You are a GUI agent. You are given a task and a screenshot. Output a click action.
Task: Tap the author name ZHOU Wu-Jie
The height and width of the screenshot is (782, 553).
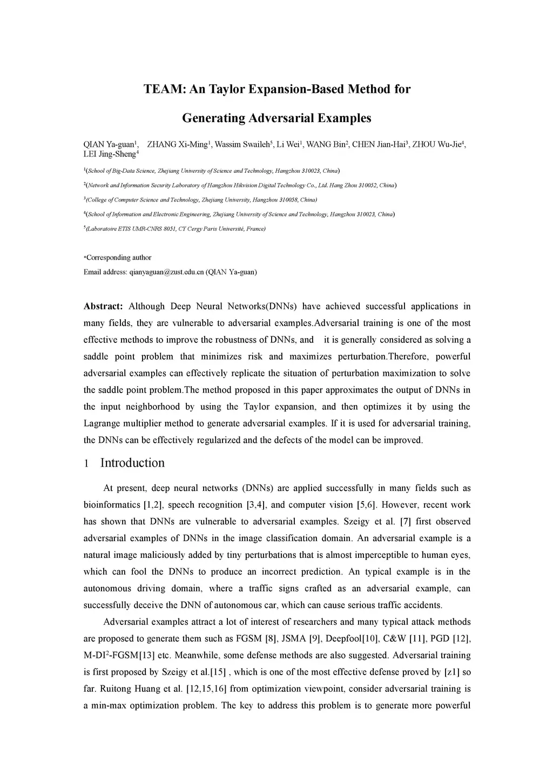(437, 144)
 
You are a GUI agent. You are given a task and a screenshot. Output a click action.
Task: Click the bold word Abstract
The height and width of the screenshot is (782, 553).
(103, 307)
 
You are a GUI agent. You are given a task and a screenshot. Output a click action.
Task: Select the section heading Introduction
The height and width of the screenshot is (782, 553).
(132, 463)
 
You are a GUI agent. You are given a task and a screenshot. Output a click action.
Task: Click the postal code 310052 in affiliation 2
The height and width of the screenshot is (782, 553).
(368, 185)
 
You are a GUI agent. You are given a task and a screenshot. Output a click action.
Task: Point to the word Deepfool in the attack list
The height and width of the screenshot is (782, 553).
(333, 639)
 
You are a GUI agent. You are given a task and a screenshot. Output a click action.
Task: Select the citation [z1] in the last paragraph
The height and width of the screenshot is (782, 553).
(452, 672)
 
